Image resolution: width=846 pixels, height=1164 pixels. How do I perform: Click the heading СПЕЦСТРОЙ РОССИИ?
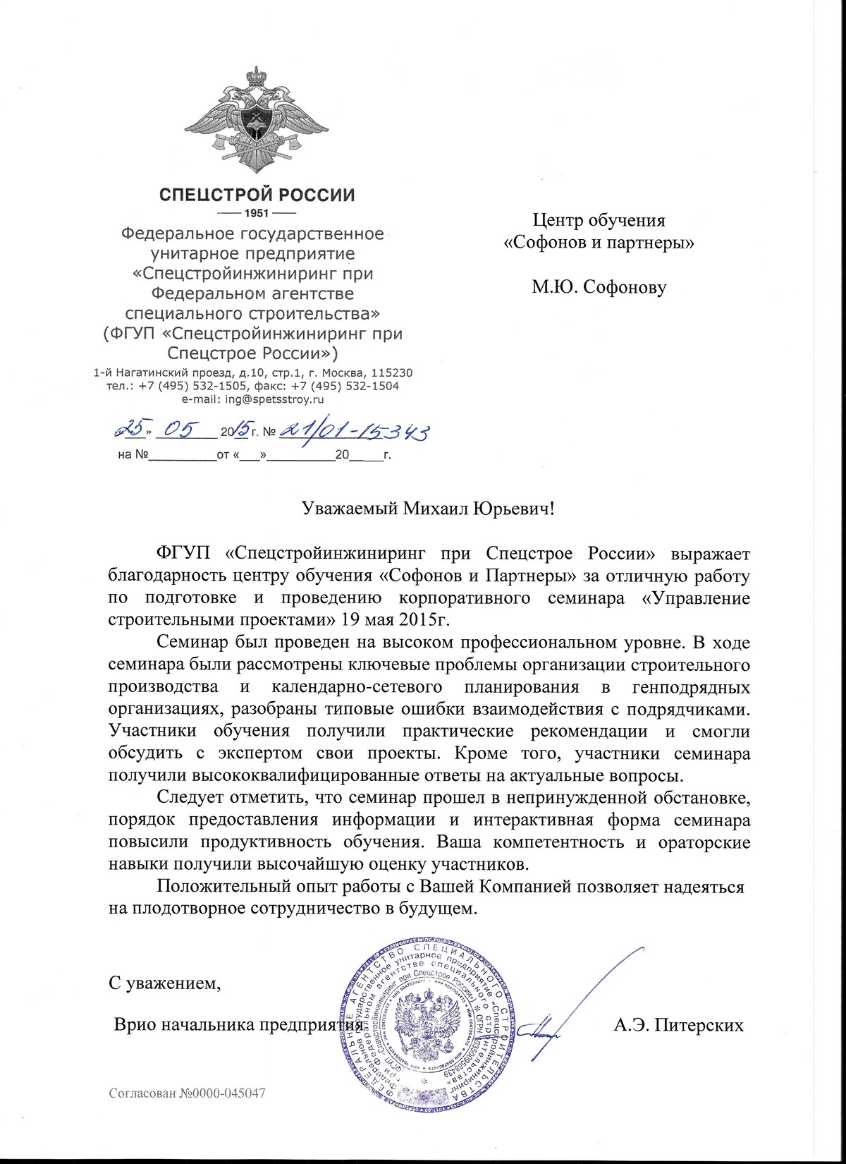[x=255, y=195]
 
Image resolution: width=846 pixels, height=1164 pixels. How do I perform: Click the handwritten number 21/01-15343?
[x=356, y=430]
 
